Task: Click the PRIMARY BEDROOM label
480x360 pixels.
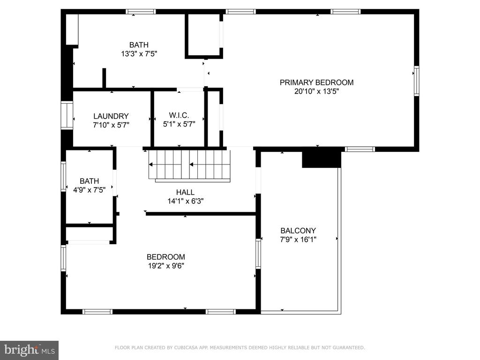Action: point(316,82)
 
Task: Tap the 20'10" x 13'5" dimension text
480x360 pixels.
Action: point(316,91)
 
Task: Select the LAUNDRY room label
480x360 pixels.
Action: point(111,116)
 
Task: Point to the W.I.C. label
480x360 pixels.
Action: point(179,115)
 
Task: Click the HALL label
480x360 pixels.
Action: point(185,192)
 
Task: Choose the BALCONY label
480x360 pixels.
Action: point(298,231)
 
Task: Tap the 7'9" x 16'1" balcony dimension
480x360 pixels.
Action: point(298,240)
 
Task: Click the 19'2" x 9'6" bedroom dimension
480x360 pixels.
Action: point(166,266)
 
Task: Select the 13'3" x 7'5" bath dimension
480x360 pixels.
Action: point(139,54)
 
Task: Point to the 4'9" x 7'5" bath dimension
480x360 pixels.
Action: point(90,190)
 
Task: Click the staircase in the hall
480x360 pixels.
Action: point(189,165)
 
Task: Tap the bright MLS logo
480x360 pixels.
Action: point(29,350)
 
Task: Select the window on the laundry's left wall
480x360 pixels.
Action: point(67,115)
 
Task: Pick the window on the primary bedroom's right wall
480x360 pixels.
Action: point(416,81)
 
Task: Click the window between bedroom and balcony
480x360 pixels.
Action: point(258,254)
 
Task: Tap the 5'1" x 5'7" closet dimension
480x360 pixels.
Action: point(179,124)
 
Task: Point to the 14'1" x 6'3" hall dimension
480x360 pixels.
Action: point(185,201)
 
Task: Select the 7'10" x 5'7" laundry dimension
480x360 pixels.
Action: point(111,125)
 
